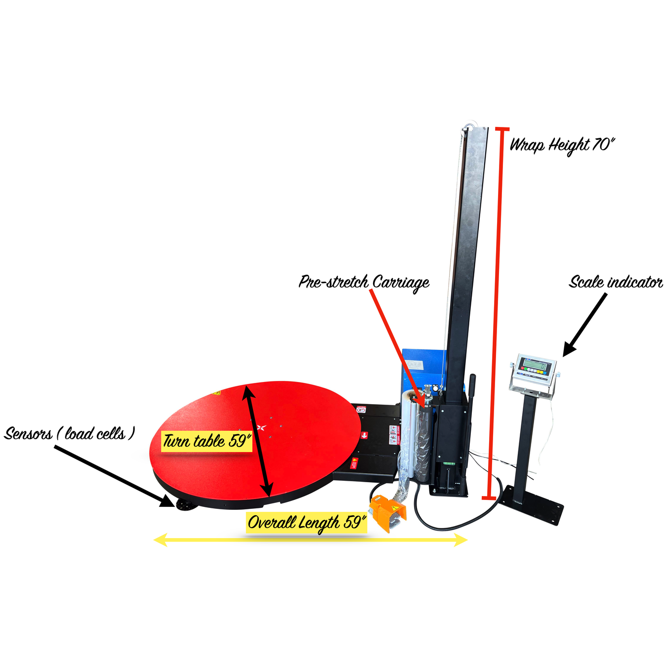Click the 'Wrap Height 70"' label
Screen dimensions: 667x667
(562, 145)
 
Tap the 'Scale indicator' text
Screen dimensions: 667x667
(615, 282)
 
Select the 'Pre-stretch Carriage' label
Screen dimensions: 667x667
(364, 282)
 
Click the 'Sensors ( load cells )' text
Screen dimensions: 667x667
(69, 434)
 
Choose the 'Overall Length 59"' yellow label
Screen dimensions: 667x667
(306, 522)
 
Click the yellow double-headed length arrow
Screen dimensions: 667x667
(310, 540)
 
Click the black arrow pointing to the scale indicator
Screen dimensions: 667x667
(586, 324)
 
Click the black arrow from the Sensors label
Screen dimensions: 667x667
(114, 475)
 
